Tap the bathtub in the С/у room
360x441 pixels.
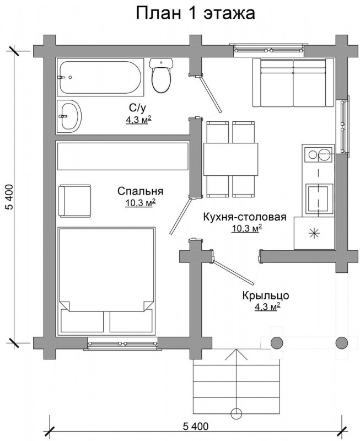click(101, 78)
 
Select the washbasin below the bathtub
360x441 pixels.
click(69, 116)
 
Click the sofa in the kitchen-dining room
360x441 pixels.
click(293, 82)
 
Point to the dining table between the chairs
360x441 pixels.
click(230, 159)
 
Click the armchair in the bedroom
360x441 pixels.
click(74, 201)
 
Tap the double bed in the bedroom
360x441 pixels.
click(106, 281)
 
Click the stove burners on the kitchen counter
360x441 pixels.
click(319, 154)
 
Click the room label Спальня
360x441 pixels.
click(141, 191)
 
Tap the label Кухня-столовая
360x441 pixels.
click(245, 217)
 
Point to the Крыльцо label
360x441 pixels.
click(266, 295)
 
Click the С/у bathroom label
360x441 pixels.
click(138, 107)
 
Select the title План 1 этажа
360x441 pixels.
click(196, 13)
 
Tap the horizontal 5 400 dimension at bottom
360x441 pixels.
click(196, 427)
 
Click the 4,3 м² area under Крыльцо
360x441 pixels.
click(267, 306)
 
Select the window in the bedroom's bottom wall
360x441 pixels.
click(122, 344)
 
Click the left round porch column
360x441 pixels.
click(277, 342)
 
